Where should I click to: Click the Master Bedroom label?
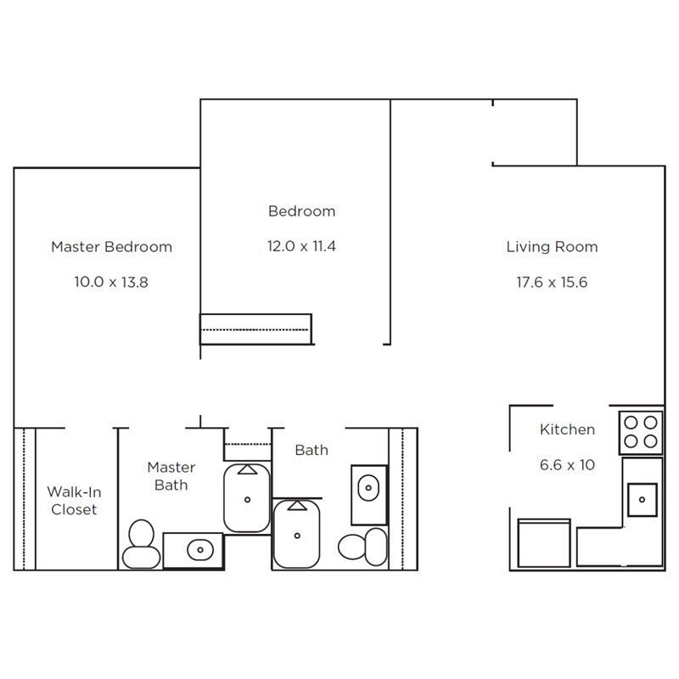[112, 247]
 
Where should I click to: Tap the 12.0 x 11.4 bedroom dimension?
[301, 246]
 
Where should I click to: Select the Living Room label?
[553, 247]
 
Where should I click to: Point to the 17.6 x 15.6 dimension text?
[552, 283]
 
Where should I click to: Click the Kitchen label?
[567, 429]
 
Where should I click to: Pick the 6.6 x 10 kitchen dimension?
[567, 465]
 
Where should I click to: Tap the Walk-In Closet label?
[74, 501]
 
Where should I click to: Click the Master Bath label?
[171, 476]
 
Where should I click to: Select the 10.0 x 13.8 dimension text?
[111, 283]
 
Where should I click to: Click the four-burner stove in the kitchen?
[641, 432]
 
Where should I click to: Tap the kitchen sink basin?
[643, 500]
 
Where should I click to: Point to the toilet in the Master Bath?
[141, 544]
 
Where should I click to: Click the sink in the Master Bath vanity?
[200, 550]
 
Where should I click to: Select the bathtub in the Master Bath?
[247, 498]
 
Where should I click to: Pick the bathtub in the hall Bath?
[296, 534]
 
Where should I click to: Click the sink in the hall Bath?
[368, 487]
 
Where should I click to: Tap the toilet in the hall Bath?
[362, 547]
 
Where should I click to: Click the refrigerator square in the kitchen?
[544, 543]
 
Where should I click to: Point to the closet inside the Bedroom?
[255, 329]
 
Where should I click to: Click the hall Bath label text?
[311, 451]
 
